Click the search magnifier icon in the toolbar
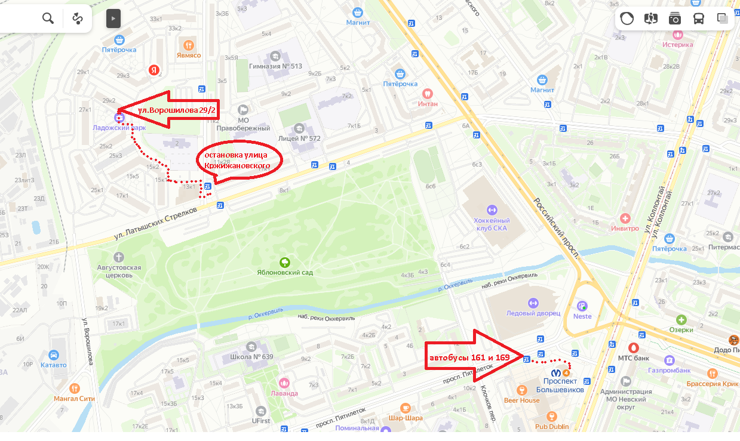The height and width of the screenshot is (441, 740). tap(48, 18)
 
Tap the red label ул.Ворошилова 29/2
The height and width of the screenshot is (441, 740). tap(176, 110)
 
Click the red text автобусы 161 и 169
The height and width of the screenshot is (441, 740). tap(467, 357)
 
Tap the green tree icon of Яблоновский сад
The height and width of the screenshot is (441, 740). tap(285, 262)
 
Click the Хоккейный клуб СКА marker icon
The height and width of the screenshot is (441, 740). tap(492, 209)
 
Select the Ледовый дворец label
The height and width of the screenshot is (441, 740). tap(533, 313)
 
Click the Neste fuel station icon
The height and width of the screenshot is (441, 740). tap(582, 305)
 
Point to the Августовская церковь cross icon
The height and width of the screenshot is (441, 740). tap(119, 257)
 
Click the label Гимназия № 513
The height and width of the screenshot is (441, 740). tap(275, 66)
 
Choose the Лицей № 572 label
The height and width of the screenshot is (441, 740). tap(299, 138)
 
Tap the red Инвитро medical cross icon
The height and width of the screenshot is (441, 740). tap(625, 218)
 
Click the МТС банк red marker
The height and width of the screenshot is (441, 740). tap(634, 347)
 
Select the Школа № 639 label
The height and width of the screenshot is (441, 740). tap(251, 357)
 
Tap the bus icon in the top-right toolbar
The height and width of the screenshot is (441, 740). tap(698, 18)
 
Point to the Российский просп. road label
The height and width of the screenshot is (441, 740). tap(555, 227)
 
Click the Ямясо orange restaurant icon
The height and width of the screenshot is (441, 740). tap(189, 45)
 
